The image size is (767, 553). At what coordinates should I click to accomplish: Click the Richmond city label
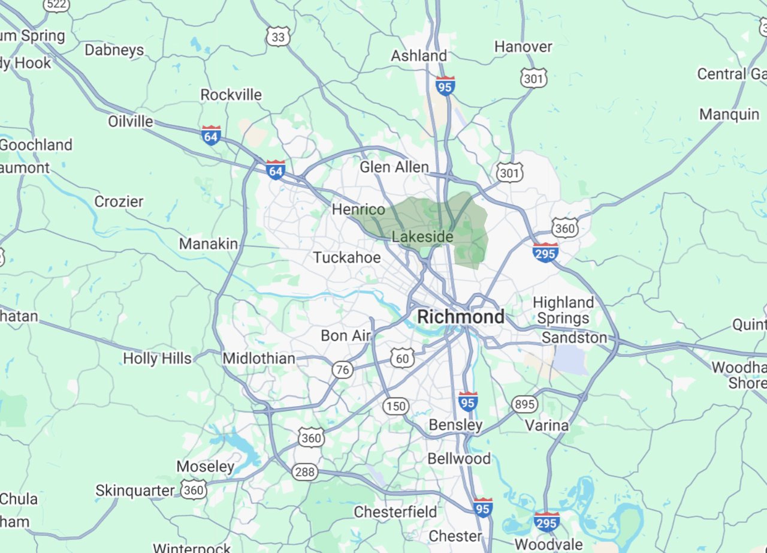point(460,317)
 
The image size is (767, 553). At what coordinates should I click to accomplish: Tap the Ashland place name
point(419,56)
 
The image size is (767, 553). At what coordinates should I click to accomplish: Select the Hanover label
point(523,46)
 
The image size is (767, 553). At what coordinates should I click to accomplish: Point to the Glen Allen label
point(394,167)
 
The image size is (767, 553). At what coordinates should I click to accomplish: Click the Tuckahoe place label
point(346,258)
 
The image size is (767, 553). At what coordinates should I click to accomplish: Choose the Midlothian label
point(259,359)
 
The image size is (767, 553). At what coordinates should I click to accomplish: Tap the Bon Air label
point(346,336)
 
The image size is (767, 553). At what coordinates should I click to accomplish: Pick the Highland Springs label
point(563,310)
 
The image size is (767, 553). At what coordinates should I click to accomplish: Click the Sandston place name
point(574,338)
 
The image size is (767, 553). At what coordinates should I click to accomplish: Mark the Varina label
point(546,425)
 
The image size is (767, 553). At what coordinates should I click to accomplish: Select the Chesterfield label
point(395,512)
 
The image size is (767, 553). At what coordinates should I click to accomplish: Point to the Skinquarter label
point(135,491)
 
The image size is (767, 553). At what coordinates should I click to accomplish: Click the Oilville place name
point(131,122)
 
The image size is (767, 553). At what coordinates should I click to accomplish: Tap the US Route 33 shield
point(279,37)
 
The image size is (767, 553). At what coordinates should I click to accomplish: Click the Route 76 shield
point(343,369)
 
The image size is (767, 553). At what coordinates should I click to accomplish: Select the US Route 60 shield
point(402,359)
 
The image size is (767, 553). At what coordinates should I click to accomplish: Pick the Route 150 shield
point(395,407)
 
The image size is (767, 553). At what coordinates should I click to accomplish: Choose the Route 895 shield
point(524,404)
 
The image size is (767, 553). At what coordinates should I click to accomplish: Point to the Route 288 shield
point(304,472)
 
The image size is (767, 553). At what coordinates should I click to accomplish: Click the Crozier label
point(119,202)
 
